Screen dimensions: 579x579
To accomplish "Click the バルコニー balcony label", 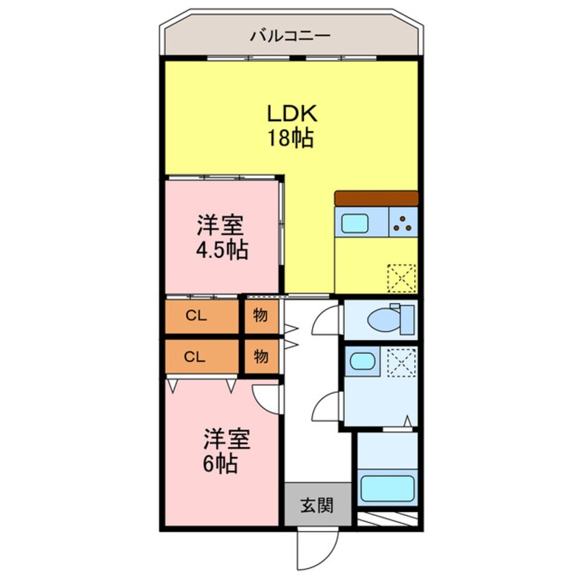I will coord(290,35).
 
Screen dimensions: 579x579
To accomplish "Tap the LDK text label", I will coord(290,114).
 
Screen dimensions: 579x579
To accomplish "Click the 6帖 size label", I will coord(220,465).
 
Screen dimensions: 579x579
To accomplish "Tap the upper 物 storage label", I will coord(261,316).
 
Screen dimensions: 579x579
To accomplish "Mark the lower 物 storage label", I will coord(261,356).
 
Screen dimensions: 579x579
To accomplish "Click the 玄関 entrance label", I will coord(317,506).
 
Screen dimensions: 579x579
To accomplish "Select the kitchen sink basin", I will coord(355,223).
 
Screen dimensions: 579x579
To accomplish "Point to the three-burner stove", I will coord(403,222).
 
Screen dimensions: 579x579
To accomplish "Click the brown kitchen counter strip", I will coord(376,198).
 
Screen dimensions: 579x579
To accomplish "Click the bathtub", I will coord(387,489).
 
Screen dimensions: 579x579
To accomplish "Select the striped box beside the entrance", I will coord(387,519).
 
